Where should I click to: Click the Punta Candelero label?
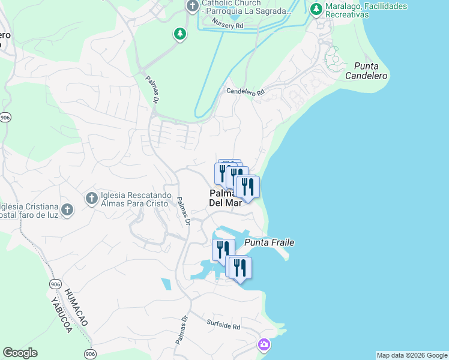[x=366, y=71]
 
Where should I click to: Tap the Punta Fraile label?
[x=269, y=242]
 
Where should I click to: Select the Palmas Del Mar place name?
[x=225, y=198]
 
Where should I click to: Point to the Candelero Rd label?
[x=245, y=92]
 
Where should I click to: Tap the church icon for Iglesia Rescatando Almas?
[x=91, y=197]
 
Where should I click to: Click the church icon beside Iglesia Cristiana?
[x=67, y=209]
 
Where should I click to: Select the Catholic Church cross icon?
[x=192, y=7]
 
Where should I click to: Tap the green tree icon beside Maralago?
[x=316, y=9]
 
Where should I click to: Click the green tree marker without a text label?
[x=179, y=34]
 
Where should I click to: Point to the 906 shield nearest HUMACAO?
[x=56, y=284]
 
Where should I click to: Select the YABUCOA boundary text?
[x=61, y=315]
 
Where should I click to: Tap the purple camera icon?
[x=264, y=344]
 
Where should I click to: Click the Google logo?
[x=20, y=353]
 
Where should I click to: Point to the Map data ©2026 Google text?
[x=412, y=355]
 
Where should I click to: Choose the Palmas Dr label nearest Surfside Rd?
[x=181, y=330]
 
